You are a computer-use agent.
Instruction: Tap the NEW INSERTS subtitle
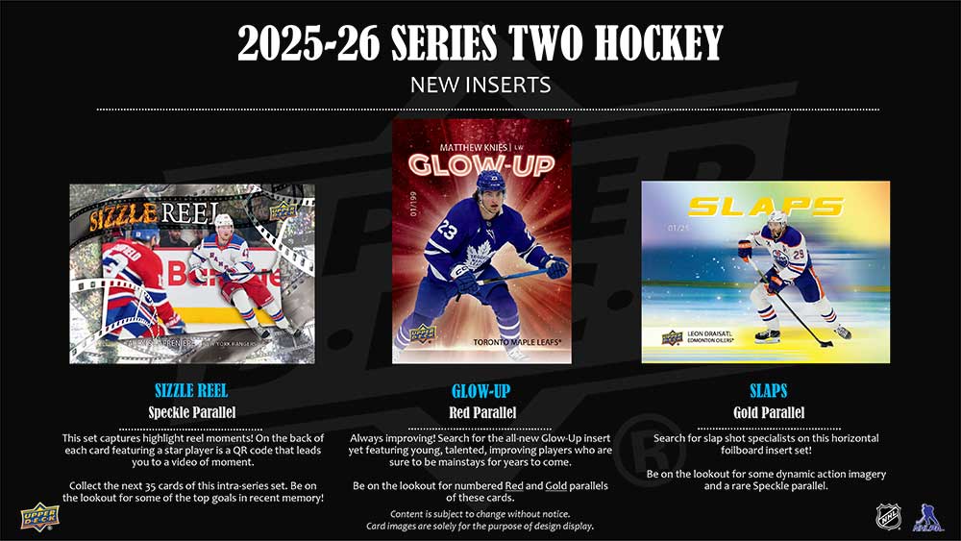pyautogui.click(x=480, y=85)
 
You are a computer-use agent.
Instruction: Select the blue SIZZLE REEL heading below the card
pyautogui.click(x=192, y=391)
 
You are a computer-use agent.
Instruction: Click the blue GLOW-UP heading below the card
pyautogui.click(x=480, y=391)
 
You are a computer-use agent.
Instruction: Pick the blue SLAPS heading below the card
pyautogui.click(x=769, y=391)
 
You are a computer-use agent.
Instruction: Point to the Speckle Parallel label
pyautogui.click(x=192, y=413)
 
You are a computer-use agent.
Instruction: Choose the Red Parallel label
pyautogui.click(x=480, y=413)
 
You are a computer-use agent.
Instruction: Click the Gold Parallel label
pyautogui.click(x=769, y=413)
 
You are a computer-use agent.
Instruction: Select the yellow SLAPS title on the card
pyautogui.click(x=766, y=206)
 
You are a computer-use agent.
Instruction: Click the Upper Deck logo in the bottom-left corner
pyautogui.click(x=39, y=516)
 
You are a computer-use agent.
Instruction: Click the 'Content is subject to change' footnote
pyautogui.click(x=480, y=513)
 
